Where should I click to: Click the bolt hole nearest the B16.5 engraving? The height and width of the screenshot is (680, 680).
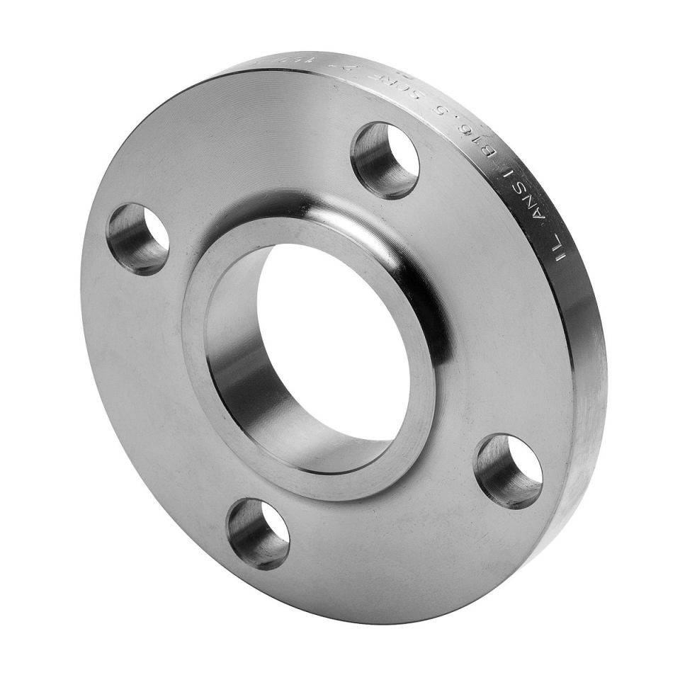click(x=386, y=159)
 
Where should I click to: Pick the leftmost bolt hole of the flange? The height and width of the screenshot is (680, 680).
click(x=138, y=238)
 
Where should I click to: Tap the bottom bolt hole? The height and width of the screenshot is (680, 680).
click(x=258, y=533)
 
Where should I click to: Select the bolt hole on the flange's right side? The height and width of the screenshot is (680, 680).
click(x=509, y=471)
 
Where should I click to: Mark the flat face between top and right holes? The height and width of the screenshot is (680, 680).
click(x=489, y=297)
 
